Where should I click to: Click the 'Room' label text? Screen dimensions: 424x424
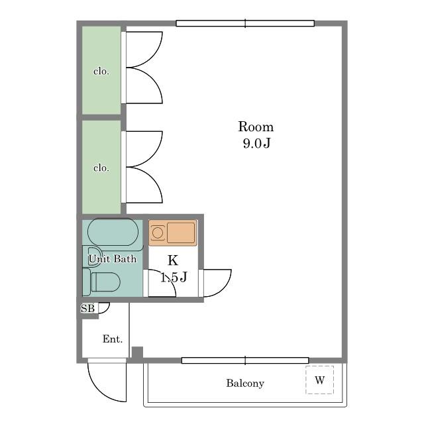point(256,127)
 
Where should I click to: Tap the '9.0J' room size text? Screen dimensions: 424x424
point(256,143)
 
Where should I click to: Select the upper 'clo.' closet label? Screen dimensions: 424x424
point(101,71)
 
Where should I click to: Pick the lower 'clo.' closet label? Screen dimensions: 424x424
point(101,168)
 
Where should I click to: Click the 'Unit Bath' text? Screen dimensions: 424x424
point(113,259)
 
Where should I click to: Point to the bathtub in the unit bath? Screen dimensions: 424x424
point(113,232)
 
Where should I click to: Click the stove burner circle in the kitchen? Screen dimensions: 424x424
point(157,233)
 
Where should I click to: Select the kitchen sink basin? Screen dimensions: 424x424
point(181,233)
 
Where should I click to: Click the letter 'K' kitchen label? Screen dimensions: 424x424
point(173,260)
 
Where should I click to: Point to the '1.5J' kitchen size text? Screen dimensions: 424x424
point(174,277)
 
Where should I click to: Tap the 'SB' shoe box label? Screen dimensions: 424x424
point(87,308)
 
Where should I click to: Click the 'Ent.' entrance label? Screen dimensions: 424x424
point(113,339)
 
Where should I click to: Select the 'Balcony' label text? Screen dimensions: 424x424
point(245,383)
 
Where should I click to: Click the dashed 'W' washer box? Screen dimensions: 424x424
point(319,380)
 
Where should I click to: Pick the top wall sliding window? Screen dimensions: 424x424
point(245,24)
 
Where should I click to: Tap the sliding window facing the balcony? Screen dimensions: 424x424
point(245,360)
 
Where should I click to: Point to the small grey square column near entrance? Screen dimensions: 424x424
point(137,352)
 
